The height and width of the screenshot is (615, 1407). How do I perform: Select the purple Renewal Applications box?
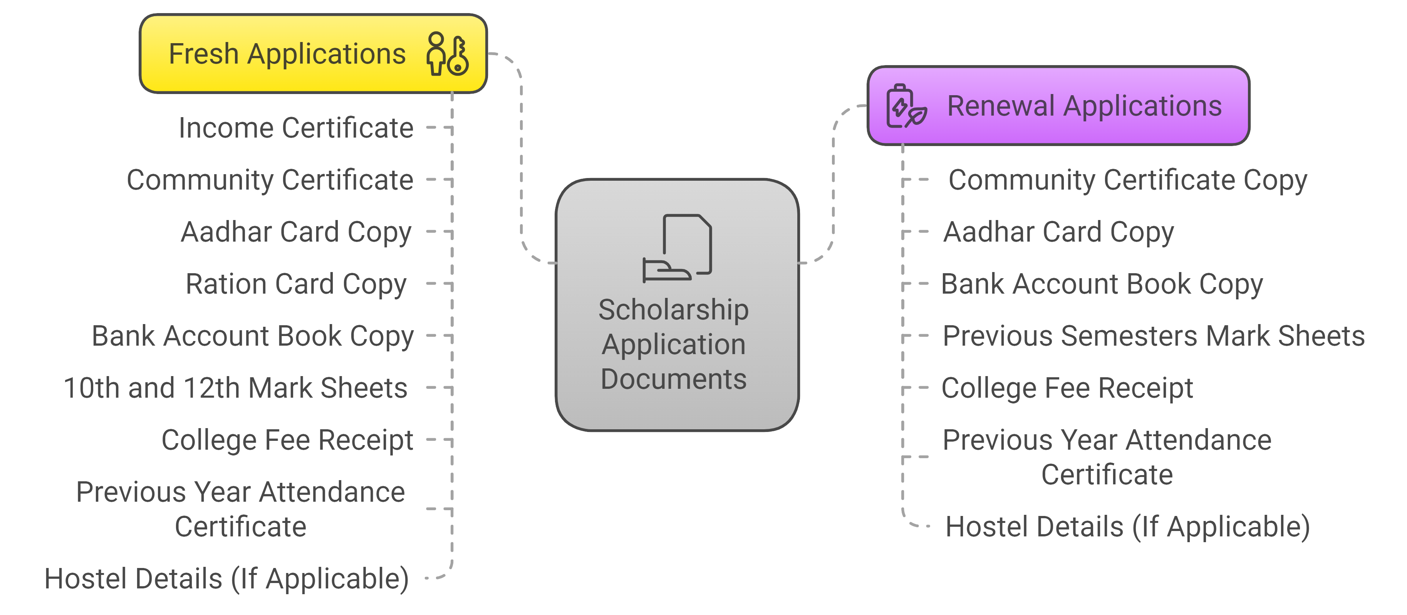point(1058,106)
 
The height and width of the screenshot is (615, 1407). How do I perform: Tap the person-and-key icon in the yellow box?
point(447,54)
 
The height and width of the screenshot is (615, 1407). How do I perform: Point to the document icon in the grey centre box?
point(677,248)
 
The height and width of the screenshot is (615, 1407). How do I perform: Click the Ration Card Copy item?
point(296,284)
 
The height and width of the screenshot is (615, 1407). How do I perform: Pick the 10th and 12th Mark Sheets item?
point(235,388)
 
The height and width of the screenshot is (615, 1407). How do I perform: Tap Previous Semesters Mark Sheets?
point(1154,336)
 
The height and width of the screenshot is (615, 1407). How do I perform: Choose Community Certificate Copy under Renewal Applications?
point(1127,180)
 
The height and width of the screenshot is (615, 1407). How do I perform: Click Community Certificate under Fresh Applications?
point(270,180)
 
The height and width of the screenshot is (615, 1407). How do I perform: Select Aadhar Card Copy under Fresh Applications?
point(296,232)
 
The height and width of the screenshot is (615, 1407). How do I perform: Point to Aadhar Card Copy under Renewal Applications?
point(1058,232)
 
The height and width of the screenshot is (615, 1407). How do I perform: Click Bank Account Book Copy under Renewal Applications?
point(1102,284)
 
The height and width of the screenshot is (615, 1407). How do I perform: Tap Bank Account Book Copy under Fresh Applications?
point(252,336)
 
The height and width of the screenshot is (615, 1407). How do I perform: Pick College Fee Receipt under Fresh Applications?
point(287,440)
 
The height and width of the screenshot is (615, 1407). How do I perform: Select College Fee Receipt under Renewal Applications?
point(1067,388)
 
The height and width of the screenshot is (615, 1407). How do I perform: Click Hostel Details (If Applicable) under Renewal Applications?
point(1127,526)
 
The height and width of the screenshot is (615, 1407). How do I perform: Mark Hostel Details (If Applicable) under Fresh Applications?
point(227,578)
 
